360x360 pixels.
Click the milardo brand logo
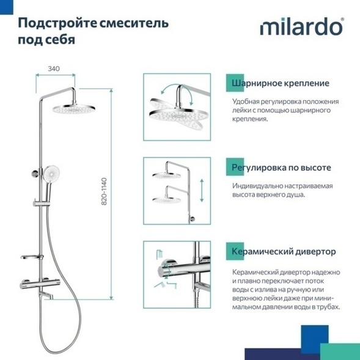click(303, 28)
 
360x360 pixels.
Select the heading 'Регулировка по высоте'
click(282, 167)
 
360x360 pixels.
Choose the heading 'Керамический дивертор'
click(284, 251)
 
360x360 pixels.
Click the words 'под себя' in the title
click(43, 40)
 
